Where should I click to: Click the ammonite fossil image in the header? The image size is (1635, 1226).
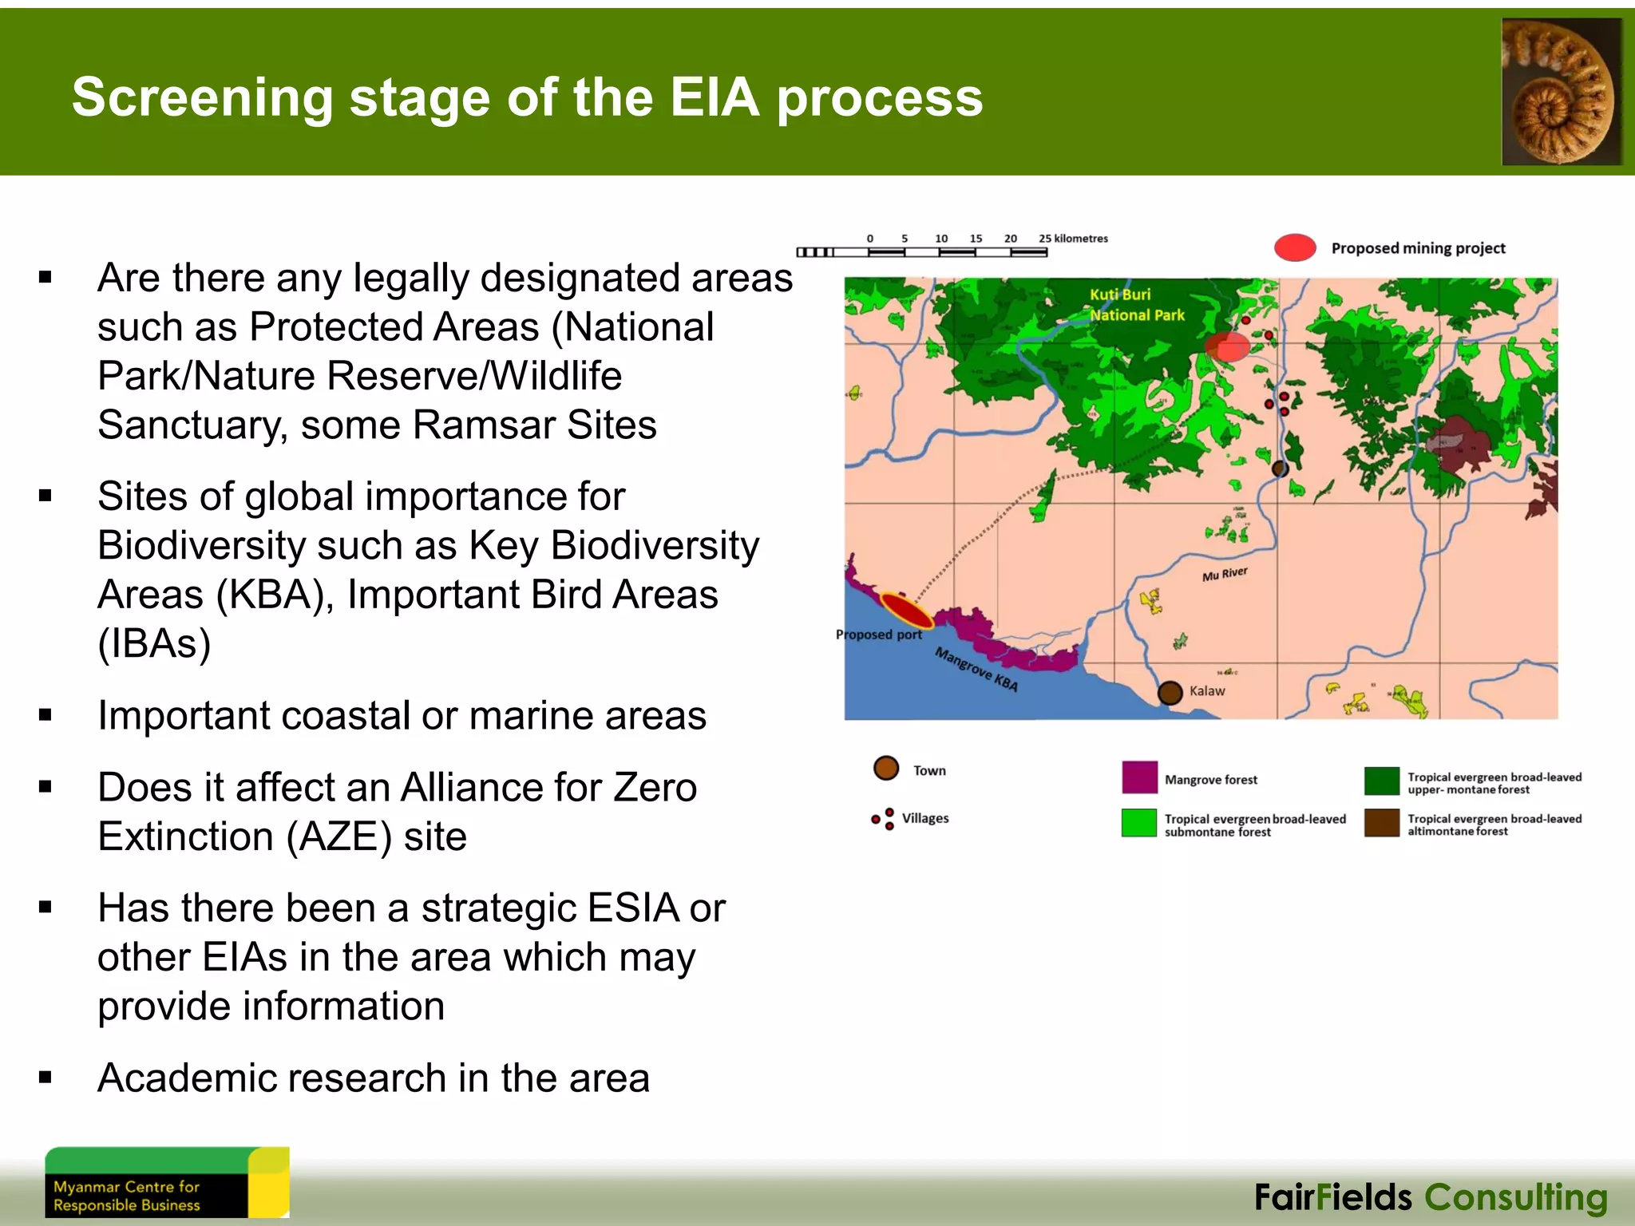(1561, 92)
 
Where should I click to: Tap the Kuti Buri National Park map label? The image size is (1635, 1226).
(1136, 305)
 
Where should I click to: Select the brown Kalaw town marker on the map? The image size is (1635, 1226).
(1170, 692)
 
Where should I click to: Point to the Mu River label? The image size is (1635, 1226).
(1225, 574)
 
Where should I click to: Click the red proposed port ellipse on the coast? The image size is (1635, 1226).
(906, 611)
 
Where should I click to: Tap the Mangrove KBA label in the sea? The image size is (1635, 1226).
(976, 670)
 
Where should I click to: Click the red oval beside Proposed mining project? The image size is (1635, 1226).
(1295, 247)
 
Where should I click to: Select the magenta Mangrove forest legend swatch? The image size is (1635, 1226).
(1139, 777)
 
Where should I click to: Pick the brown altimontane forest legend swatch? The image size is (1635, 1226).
(1382, 823)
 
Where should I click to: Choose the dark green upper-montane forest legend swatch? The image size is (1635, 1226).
(1382, 781)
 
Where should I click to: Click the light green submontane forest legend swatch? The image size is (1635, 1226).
(1139, 823)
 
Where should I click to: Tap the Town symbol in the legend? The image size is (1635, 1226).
(886, 768)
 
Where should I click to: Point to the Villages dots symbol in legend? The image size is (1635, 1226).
(884, 819)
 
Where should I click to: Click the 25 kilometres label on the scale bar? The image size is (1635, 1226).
(1073, 239)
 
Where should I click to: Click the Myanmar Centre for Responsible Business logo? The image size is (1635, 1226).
(167, 1183)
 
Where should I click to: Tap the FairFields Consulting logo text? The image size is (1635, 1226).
(1431, 1198)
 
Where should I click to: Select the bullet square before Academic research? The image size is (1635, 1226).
(46, 1078)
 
